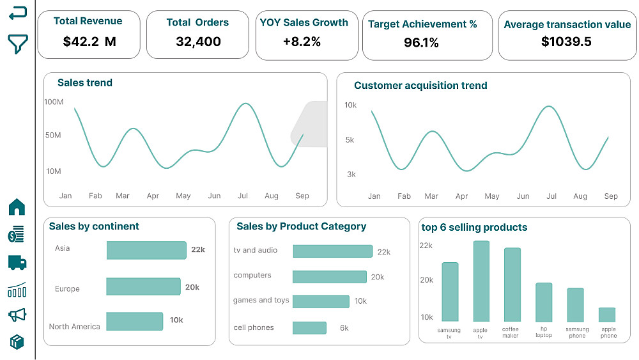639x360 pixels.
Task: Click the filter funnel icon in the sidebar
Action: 18,43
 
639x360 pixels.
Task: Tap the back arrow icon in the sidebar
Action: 18,13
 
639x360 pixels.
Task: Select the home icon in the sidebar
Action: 17,207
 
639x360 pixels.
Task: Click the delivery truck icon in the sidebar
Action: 17,262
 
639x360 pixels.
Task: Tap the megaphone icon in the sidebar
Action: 17,315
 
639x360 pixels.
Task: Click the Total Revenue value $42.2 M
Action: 89,42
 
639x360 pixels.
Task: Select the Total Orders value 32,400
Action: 198,42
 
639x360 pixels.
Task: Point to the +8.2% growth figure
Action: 302,42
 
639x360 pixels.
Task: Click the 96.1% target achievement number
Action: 422,43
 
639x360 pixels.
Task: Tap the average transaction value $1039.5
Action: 566,42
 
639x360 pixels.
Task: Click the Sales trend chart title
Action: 85,82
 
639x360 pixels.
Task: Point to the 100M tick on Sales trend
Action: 54,102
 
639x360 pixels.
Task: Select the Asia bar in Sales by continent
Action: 146,250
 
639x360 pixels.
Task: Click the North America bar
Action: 135,321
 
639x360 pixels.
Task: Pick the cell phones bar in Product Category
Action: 310,328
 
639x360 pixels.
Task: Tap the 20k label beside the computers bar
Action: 378,277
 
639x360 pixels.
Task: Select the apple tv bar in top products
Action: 481,281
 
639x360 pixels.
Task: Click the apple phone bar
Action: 607,315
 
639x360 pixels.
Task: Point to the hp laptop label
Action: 544,332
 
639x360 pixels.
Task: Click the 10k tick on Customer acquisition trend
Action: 350,105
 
